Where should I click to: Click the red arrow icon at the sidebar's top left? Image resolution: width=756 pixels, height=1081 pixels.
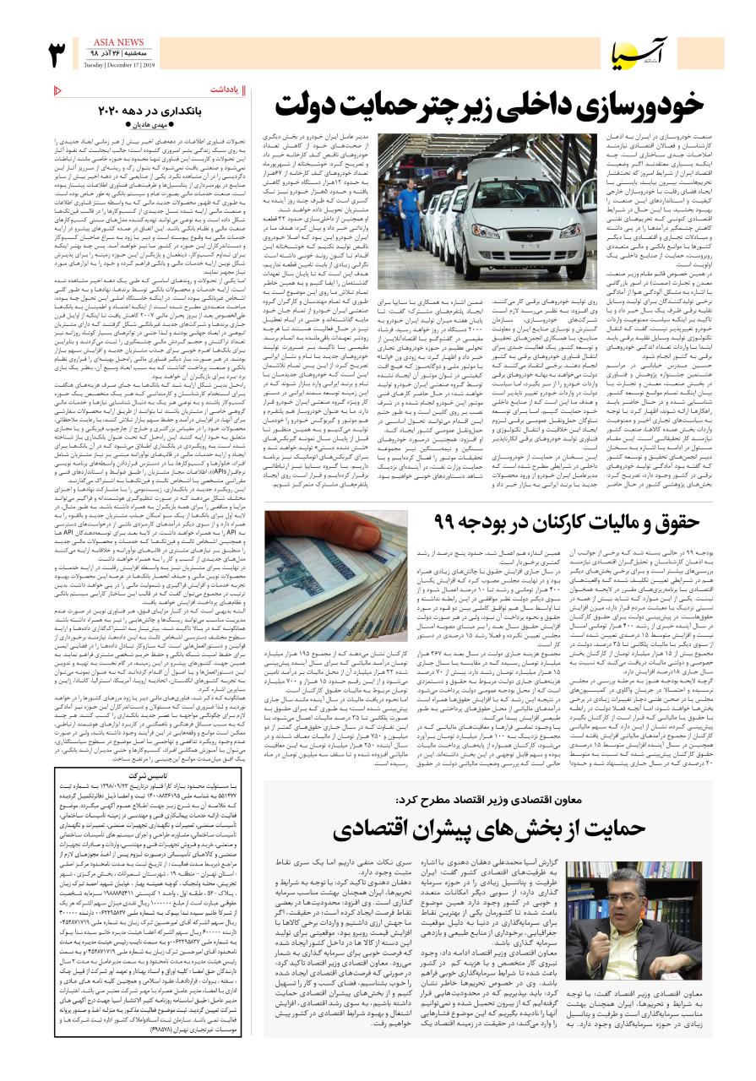57,89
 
